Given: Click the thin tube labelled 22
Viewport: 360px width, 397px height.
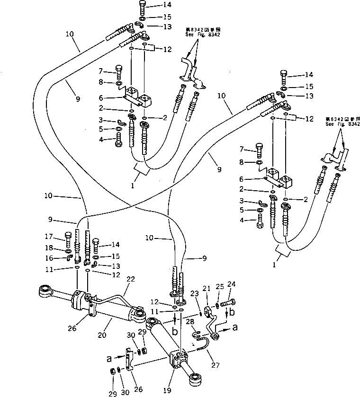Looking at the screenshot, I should click(x=114, y=299).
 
